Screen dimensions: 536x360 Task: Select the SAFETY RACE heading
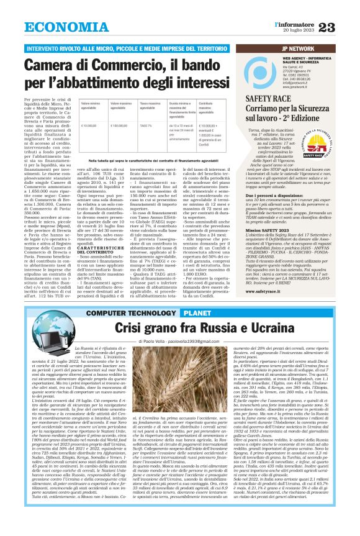(266, 99)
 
